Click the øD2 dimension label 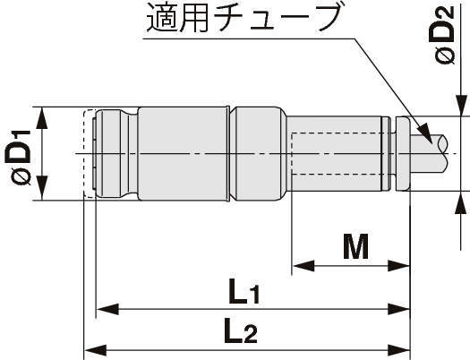pos(445,34)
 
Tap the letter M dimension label pos(355,246)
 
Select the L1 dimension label pos(244,290)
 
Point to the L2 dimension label pos(241,330)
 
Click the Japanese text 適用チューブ pos(244,19)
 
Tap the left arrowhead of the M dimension pos(303,266)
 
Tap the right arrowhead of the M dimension pos(398,266)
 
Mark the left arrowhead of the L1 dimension pos(107,309)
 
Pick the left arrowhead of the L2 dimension pos(95,350)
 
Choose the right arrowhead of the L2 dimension pos(398,350)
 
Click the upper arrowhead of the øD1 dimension pos(42,119)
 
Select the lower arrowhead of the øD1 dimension pos(42,188)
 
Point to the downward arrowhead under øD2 pos(461,105)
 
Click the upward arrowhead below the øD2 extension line pos(461,202)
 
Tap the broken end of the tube pos(442,154)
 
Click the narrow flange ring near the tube pos(403,154)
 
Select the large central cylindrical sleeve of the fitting pos(183,154)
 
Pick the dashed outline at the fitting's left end pos(90,154)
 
